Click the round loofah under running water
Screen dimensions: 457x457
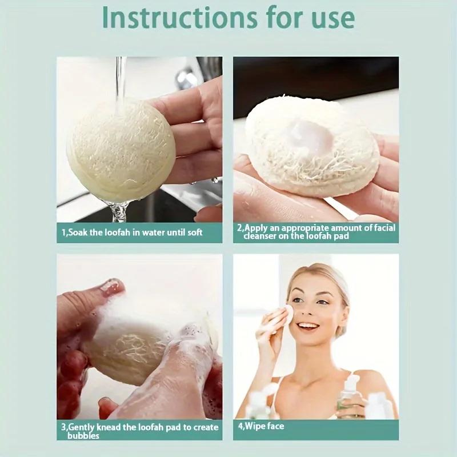click(x=121, y=147)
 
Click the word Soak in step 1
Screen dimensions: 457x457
click(x=77, y=232)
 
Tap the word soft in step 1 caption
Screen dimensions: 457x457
click(x=195, y=232)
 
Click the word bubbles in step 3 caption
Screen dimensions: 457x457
click(x=83, y=436)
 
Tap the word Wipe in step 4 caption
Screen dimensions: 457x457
click(x=254, y=426)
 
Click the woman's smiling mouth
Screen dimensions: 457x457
click(x=309, y=326)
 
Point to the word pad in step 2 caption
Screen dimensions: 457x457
click(x=341, y=235)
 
